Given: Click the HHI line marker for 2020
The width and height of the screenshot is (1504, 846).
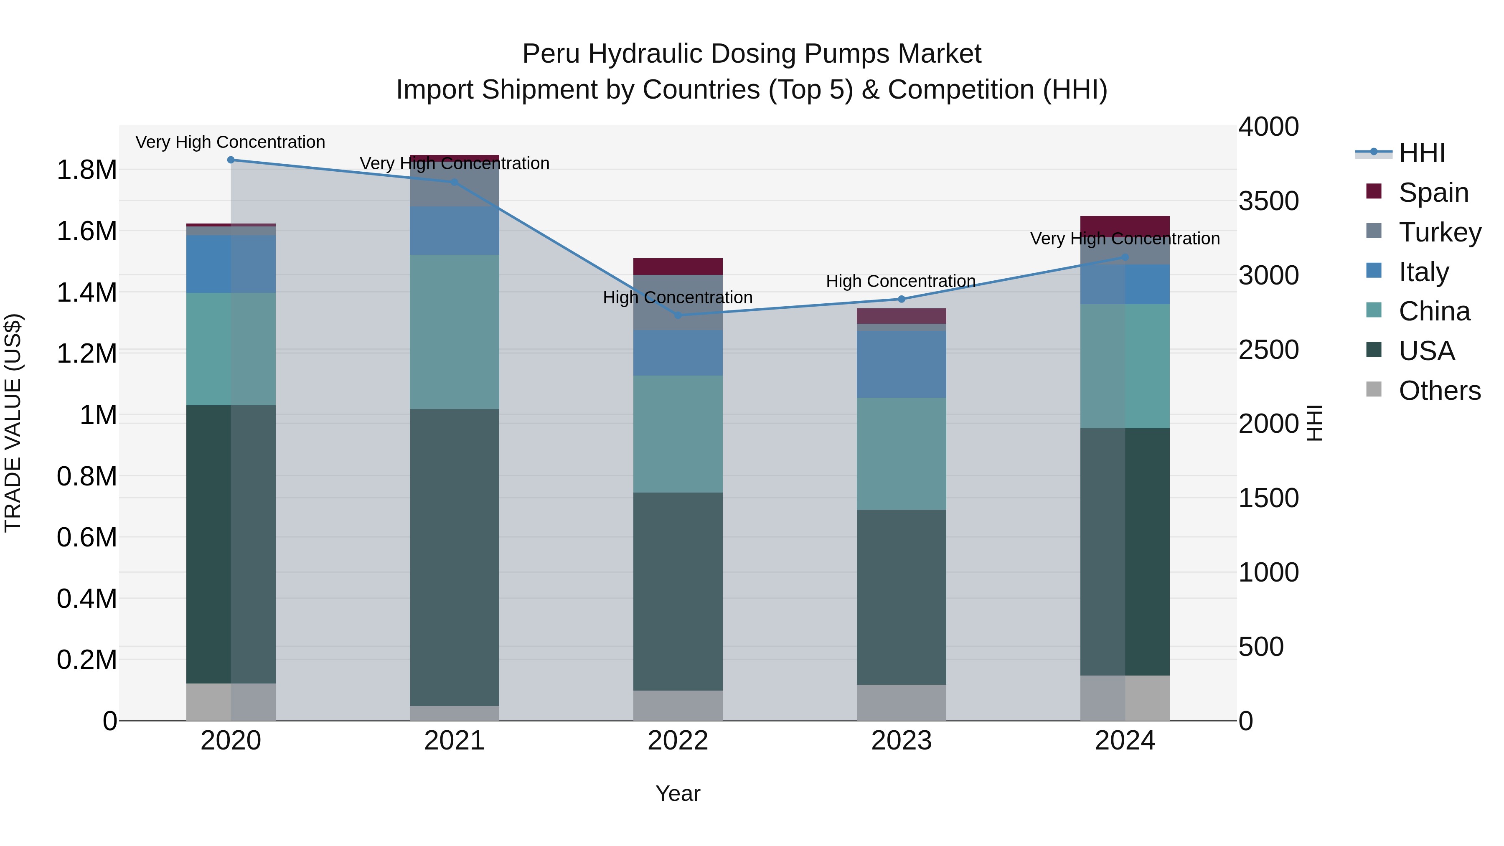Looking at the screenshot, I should click(231, 160).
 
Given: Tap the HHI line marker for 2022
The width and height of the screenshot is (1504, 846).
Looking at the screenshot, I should click(678, 315).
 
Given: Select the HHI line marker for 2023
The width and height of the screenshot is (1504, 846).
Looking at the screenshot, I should click(901, 299).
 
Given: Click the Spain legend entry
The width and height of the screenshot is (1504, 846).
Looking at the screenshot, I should click(1433, 193).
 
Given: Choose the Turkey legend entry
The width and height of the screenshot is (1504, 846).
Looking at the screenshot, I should click(1439, 232).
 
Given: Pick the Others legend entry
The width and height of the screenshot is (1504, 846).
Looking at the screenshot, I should click(1439, 391).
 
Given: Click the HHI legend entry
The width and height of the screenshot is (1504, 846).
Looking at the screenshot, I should click(1422, 153).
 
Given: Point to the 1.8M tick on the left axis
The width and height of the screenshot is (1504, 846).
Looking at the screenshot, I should click(86, 170).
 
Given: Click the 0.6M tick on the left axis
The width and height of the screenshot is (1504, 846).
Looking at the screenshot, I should click(86, 537).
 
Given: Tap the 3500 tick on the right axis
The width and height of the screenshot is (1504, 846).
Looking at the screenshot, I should click(1268, 201).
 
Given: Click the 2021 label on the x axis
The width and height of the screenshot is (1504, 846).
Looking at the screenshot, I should click(454, 741).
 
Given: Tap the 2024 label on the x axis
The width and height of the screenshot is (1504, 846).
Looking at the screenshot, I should click(1125, 741).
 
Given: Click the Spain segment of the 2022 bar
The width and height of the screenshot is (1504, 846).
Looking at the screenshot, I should click(678, 266).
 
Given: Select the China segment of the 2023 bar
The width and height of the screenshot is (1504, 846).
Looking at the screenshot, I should click(901, 454).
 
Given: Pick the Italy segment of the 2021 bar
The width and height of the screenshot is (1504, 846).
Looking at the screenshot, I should click(454, 231).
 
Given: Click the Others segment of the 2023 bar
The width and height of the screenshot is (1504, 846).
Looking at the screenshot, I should click(901, 702).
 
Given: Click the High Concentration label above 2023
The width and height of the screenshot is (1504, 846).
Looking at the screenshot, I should click(900, 282).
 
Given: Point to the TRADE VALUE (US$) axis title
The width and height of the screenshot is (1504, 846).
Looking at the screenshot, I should click(13, 423).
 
